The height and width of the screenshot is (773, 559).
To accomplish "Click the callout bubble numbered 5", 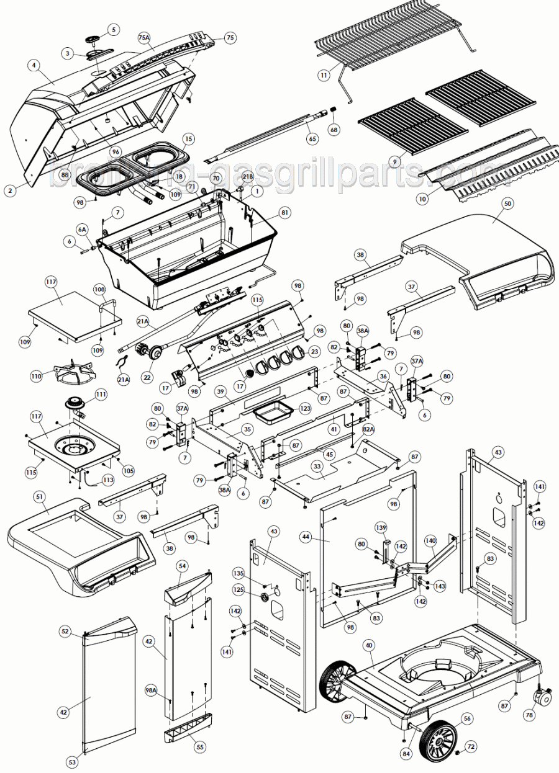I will click(x=113, y=29).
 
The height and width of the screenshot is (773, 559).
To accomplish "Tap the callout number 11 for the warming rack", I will click(x=324, y=75).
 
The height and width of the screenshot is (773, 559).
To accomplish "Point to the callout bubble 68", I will click(x=334, y=130).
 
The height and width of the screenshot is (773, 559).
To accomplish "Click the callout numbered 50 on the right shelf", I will click(x=507, y=203).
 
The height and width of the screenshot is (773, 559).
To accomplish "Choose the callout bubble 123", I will click(x=304, y=409).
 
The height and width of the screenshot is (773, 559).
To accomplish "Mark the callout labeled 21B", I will click(x=247, y=177).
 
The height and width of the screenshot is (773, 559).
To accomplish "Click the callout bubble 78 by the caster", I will click(x=529, y=715).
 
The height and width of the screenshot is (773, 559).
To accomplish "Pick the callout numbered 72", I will click(x=470, y=747).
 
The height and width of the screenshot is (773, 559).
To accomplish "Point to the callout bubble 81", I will click(x=284, y=213).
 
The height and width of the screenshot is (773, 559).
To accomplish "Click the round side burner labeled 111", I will click(x=76, y=404).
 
